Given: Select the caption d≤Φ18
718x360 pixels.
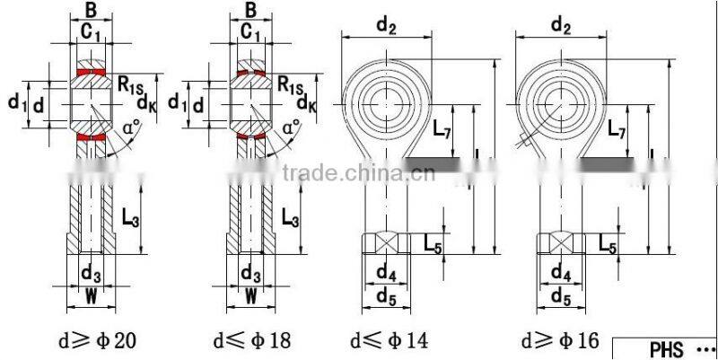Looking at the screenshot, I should coord(252,341).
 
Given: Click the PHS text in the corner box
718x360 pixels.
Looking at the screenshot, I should coord(667,348).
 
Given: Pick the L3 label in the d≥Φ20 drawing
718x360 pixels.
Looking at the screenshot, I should coord(131,216).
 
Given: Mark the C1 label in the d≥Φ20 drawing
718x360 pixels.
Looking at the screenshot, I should coord(90,33).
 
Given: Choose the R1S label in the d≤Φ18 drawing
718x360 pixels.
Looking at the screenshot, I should coord(289,85).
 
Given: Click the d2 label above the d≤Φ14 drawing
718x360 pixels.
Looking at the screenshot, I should coord(386,27).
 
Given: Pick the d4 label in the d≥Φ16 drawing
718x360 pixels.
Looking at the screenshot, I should coord(561,271).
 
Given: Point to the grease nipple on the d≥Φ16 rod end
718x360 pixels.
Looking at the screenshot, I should coord(527,141).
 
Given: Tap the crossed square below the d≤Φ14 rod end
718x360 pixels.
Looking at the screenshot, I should coord(386,243).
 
